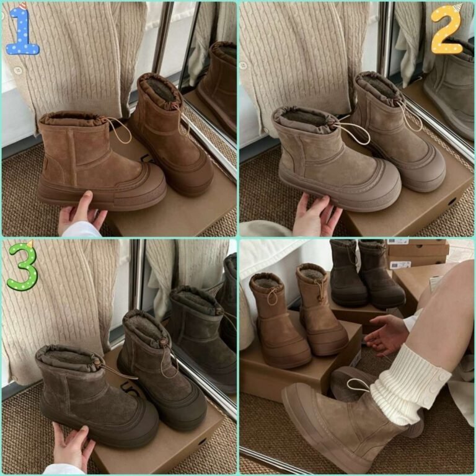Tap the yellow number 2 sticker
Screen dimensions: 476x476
tap(447, 30)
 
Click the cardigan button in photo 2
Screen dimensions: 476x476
tap(243, 65)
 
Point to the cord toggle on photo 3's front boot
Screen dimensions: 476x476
tap(97, 363)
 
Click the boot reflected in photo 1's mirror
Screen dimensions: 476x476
tap(216, 88)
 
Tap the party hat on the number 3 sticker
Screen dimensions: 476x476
tap(30, 244)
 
